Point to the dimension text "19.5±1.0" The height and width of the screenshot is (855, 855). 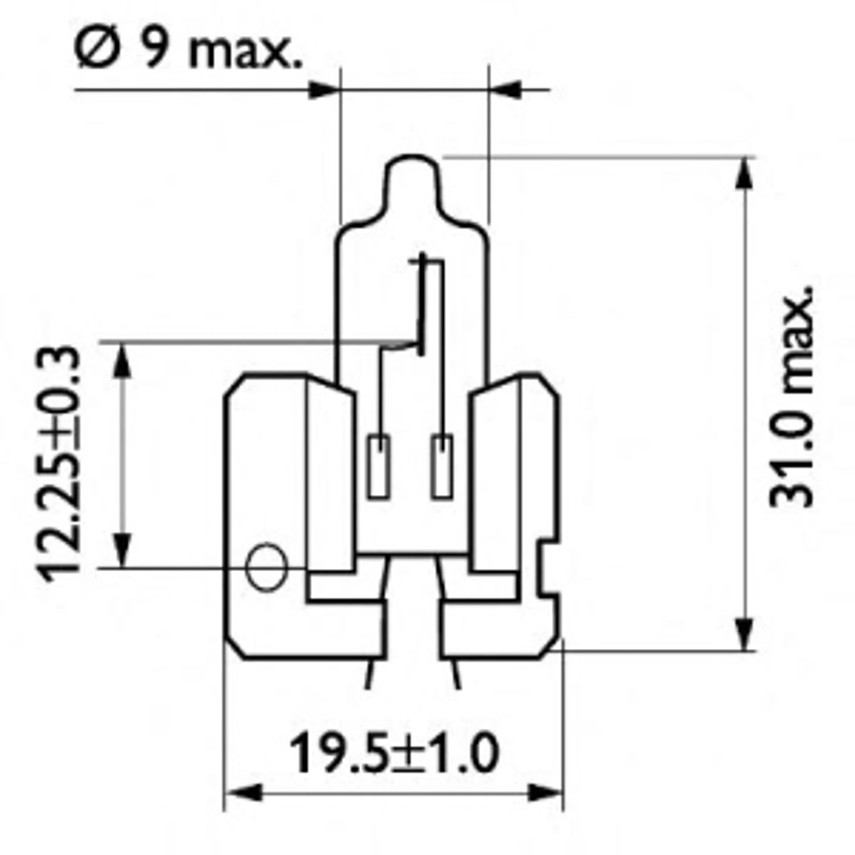click(x=394, y=753)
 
